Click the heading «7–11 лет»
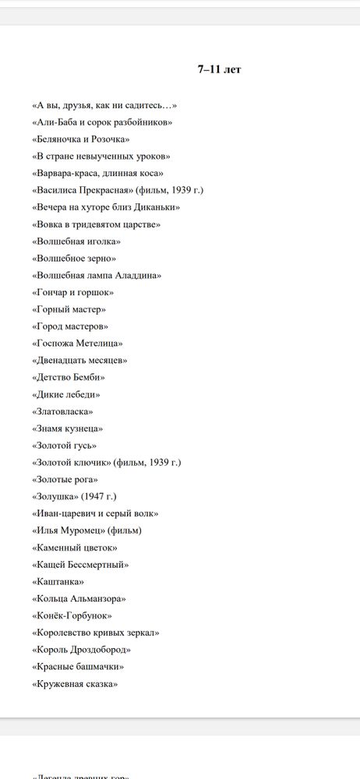coord(219,70)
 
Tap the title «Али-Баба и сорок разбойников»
coord(102,122)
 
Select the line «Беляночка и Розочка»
coord(81,139)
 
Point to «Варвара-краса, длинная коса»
coord(98,174)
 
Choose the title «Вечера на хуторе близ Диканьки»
coord(106,207)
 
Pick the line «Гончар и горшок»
coord(72,292)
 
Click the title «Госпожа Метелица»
coord(78,344)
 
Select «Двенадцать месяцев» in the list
coord(79,361)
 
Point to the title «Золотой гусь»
coord(65,446)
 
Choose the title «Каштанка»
coord(58,582)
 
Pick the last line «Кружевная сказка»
coord(75,684)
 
